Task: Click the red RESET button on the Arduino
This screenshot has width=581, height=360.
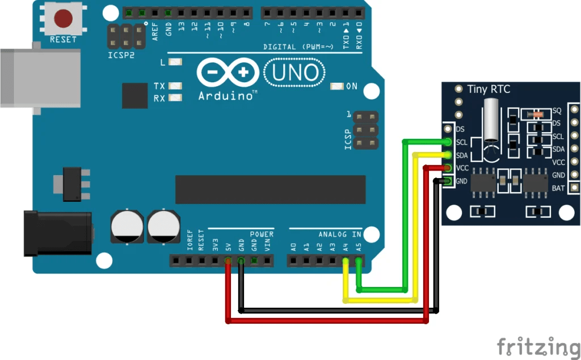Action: point(63,18)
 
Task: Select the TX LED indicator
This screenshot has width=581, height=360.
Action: point(175,86)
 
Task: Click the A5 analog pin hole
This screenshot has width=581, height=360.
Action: point(359,261)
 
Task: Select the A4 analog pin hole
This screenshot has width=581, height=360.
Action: point(346,261)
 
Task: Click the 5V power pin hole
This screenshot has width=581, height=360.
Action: point(228,261)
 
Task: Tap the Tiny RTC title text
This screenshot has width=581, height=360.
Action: point(489,89)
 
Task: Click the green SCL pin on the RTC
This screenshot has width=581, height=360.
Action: point(448,142)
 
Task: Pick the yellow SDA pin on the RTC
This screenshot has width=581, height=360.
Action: point(448,155)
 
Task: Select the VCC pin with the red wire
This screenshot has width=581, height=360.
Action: point(448,168)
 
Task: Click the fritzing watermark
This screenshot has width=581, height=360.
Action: point(539,345)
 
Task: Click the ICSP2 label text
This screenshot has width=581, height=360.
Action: point(121,56)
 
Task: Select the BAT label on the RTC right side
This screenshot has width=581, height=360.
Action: point(558,188)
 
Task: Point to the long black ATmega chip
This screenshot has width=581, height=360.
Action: point(270,189)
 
